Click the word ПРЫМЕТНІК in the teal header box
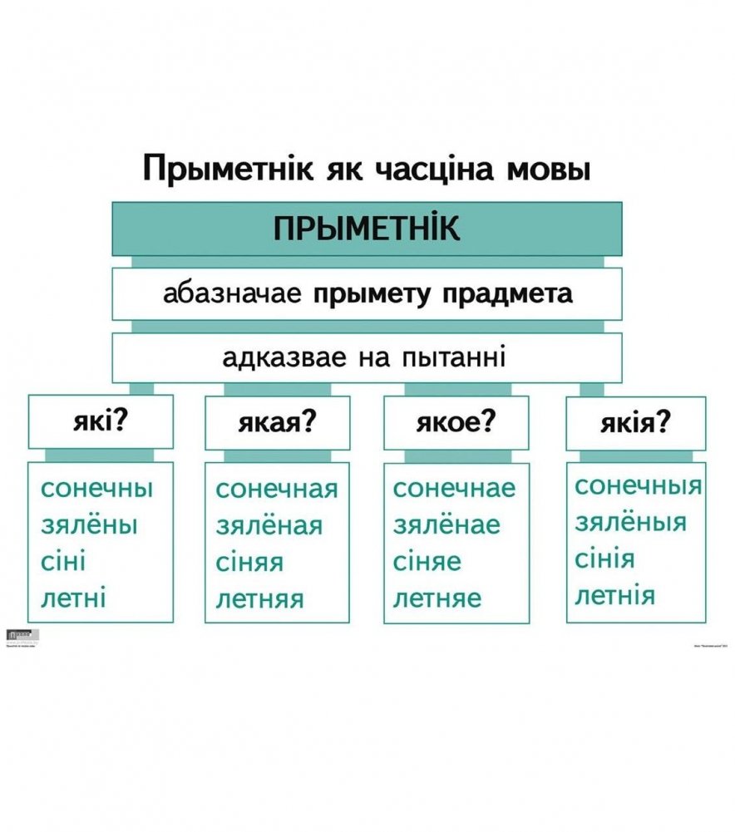(367, 229)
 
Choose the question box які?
(101, 421)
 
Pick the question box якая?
(278, 422)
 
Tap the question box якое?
(456, 422)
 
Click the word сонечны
(96, 488)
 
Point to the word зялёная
(269, 526)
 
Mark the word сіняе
(427, 562)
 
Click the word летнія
(615, 595)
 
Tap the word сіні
(63, 562)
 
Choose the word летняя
(260, 598)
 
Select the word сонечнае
(454, 489)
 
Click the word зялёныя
(631, 522)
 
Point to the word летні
(73, 598)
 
